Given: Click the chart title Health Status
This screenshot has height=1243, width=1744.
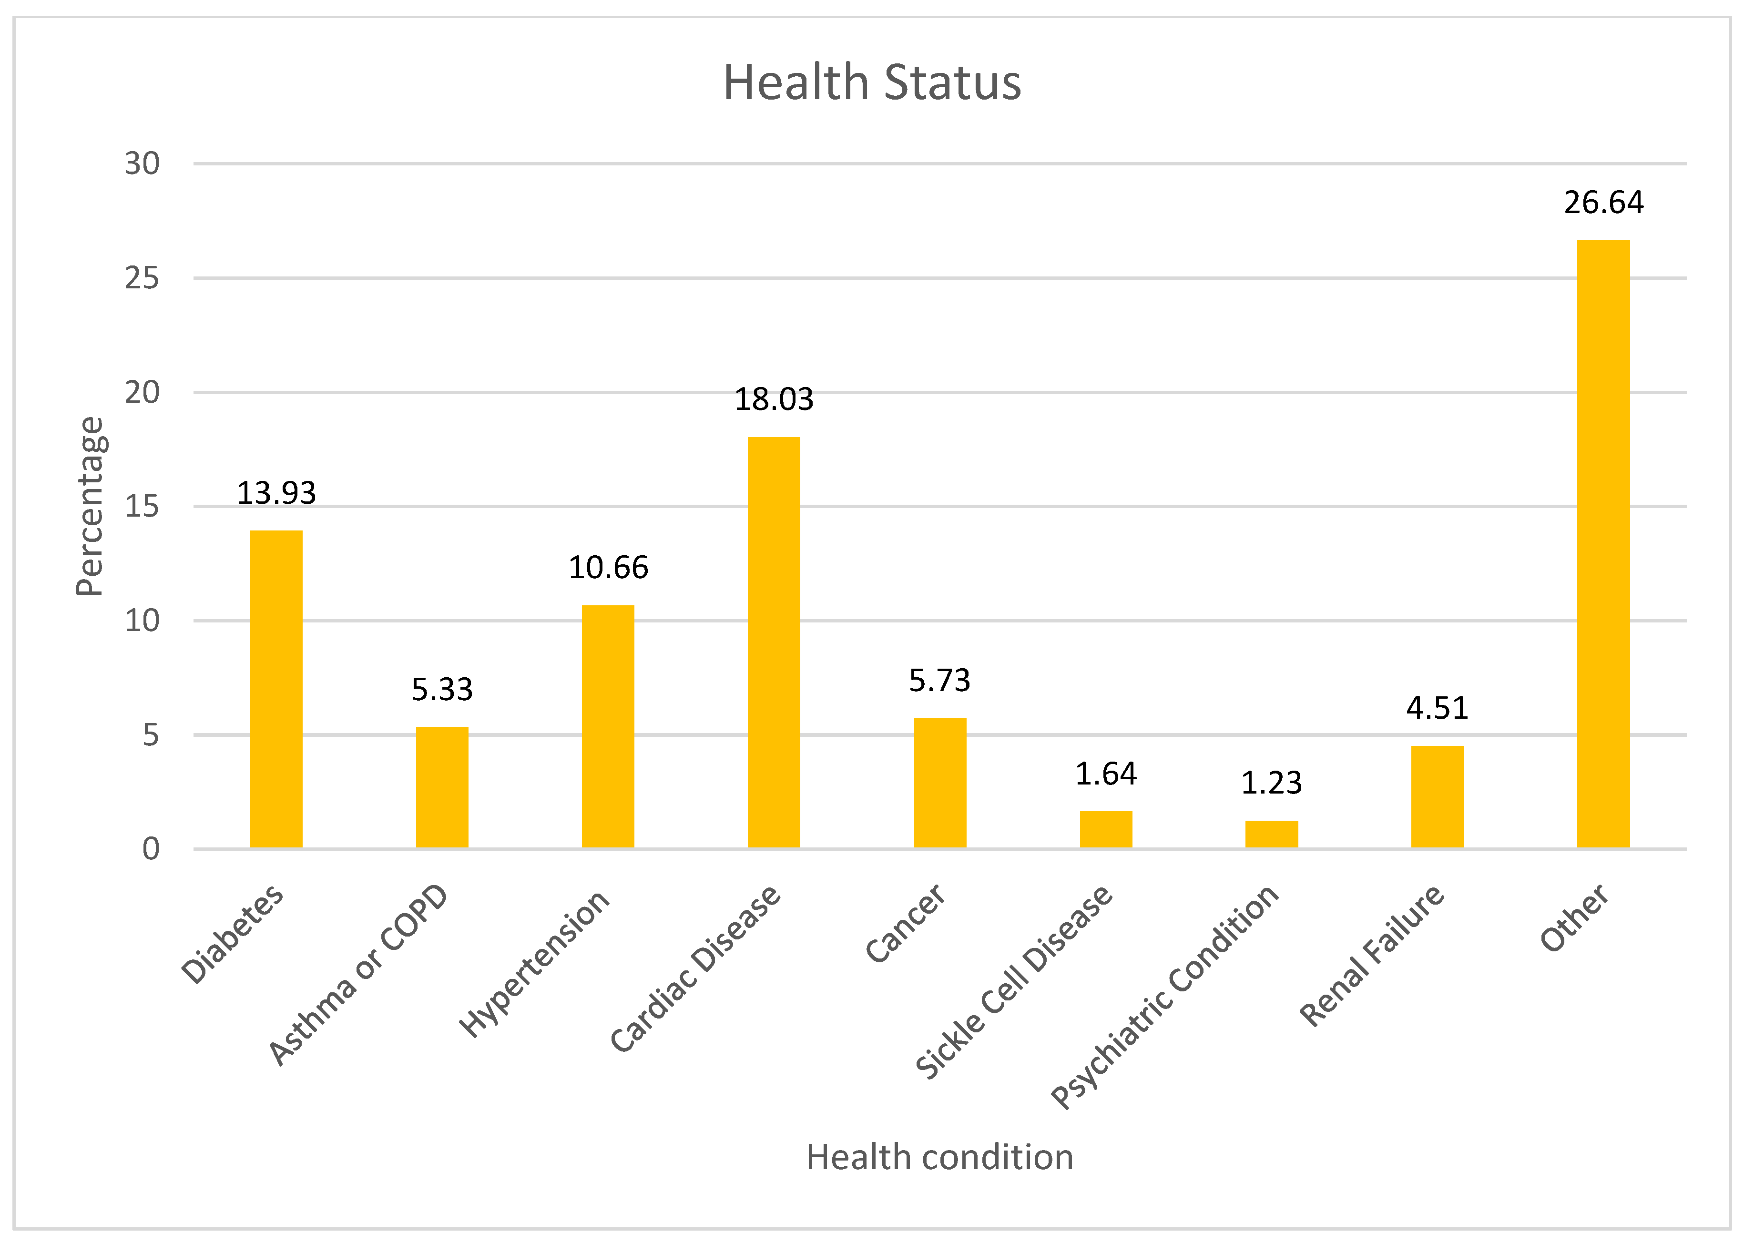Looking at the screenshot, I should [872, 82].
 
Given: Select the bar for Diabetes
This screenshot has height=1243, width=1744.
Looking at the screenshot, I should [276, 689].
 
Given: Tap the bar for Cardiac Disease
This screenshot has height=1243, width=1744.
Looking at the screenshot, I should [774, 643].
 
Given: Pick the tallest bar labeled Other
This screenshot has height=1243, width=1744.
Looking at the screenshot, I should [1603, 543].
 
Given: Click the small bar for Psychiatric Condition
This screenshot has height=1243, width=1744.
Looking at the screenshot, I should [1271, 834].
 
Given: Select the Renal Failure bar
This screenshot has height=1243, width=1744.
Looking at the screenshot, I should [1437, 797].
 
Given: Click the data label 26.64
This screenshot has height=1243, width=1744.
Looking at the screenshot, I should [1603, 202].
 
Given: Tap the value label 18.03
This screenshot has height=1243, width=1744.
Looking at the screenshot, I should [774, 399].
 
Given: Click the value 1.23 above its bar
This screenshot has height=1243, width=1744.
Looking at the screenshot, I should [1271, 782].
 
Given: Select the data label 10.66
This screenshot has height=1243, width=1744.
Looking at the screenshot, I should [608, 567].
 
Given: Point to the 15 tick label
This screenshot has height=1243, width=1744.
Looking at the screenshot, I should [143, 506].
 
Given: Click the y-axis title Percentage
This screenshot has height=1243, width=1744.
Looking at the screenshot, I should [90, 506].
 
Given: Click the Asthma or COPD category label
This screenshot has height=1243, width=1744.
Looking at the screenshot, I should [357, 974].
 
